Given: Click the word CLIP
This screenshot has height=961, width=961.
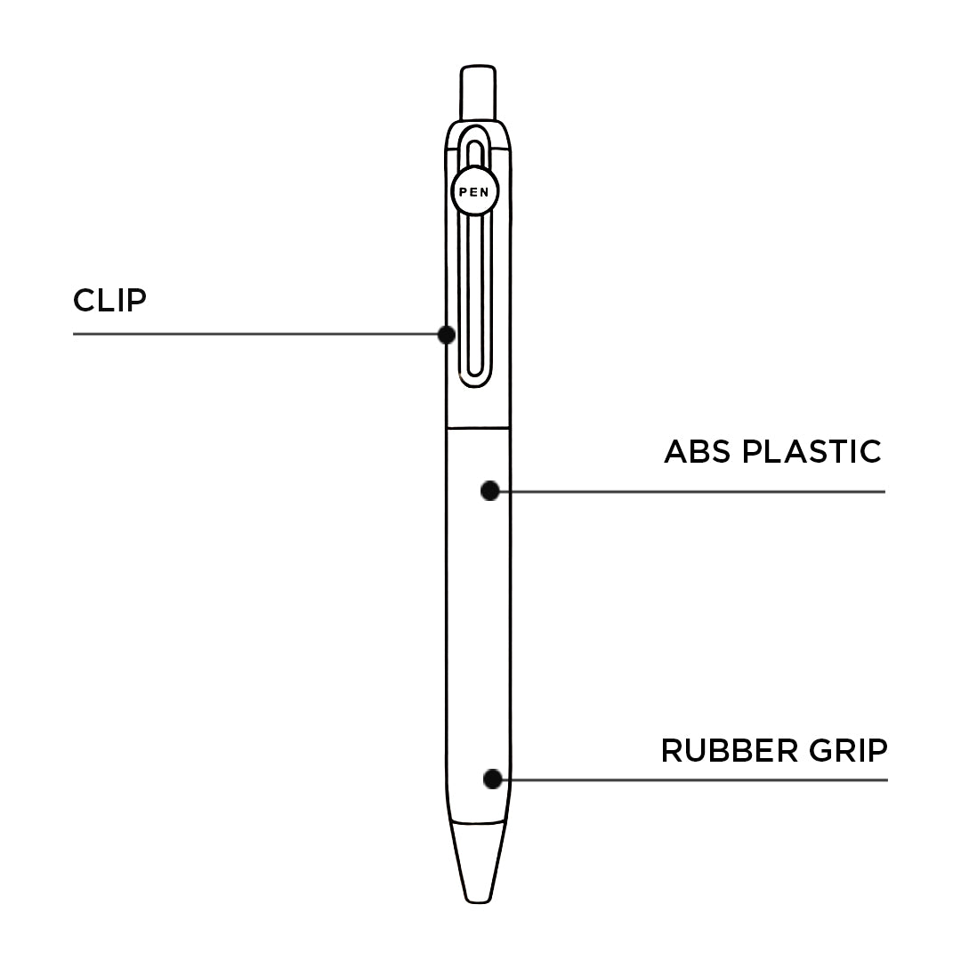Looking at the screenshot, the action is [x=109, y=301].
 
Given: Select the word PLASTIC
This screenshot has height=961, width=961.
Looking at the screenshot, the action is [x=812, y=452].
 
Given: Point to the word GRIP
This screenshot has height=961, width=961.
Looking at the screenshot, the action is [x=848, y=751].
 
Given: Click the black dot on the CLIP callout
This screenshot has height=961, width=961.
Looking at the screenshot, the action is [x=446, y=335].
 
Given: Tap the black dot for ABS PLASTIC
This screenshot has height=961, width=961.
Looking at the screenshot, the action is [x=489, y=491].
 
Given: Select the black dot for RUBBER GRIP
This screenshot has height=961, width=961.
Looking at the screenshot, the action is [x=493, y=779].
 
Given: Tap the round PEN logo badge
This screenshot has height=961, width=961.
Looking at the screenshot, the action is [x=474, y=192].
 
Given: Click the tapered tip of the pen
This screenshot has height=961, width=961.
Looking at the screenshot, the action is [x=478, y=861].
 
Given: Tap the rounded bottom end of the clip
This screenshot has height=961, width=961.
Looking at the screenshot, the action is [x=475, y=381].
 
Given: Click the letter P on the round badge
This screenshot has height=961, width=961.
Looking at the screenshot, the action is [x=464, y=192].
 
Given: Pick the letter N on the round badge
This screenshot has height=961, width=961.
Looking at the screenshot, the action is [x=485, y=192].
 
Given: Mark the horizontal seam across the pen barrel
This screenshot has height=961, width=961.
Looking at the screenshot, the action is [x=478, y=427].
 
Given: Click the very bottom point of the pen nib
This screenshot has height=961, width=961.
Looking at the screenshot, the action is [x=478, y=902].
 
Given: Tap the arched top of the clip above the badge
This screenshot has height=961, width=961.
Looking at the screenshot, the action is [x=475, y=130].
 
